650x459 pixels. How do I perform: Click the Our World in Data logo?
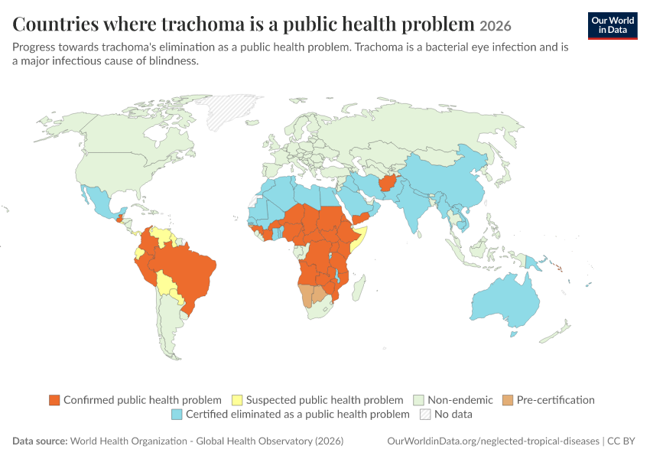(x=613, y=26)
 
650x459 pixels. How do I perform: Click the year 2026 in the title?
(x=496, y=26)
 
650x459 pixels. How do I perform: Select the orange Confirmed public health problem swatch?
(x=54, y=400)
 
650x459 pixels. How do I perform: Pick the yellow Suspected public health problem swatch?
(x=237, y=400)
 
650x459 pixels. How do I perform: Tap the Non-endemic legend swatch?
(x=419, y=400)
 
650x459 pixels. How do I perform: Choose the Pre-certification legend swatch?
(x=508, y=400)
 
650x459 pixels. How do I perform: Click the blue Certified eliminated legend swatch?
(x=177, y=414)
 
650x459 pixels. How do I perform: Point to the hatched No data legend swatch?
(x=425, y=414)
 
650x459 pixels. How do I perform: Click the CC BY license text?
(x=621, y=441)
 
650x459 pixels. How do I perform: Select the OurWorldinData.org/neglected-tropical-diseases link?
(x=493, y=441)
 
